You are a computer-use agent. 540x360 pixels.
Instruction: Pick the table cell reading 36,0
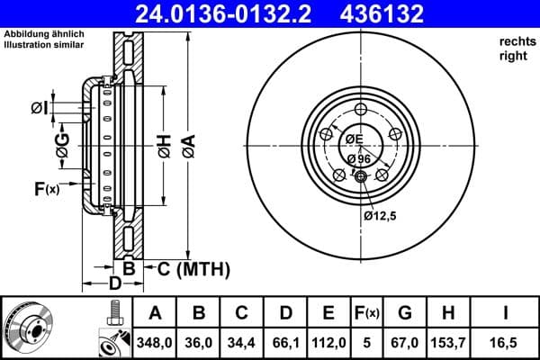(199, 341)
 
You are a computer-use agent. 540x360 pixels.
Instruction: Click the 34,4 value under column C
(242, 341)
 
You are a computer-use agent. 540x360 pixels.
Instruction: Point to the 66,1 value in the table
(285, 341)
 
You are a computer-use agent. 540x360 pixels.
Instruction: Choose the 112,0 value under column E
(328, 341)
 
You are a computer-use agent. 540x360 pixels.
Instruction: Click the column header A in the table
(155, 313)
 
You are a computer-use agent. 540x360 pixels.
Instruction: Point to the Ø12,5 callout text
(381, 216)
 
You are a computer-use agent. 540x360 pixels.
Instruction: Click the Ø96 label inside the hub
(358, 158)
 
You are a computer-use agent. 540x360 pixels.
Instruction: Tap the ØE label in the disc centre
(353, 139)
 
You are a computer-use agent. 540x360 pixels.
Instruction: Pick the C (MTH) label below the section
(193, 268)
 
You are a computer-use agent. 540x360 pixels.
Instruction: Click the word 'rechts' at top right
(513, 41)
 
